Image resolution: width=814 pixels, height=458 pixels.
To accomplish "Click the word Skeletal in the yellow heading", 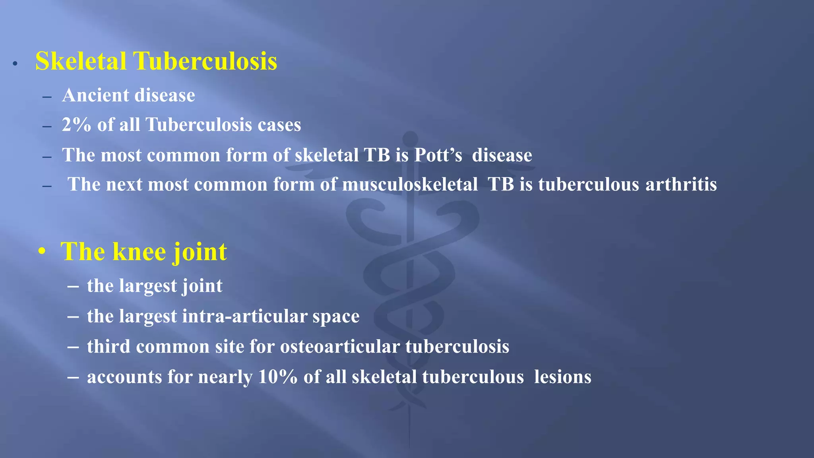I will click(x=81, y=62).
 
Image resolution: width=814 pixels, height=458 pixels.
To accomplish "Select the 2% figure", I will click(x=76, y=125).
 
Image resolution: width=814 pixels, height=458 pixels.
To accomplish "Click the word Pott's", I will click(x=438, y=155).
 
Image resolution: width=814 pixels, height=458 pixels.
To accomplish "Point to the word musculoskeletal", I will click(x=410, y=185).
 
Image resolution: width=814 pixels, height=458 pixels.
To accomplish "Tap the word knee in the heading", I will click(x=139, y=252).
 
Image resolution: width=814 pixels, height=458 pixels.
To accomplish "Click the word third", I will click(x=109, y=347).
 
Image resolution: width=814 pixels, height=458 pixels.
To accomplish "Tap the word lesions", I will click(x=562, y=377).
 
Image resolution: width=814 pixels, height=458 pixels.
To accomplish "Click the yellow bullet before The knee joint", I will click(x=42, y=252).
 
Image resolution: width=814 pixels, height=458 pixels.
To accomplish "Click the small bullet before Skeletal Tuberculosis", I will click(x=15, y=64).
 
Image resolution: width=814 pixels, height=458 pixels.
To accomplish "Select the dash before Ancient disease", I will click(x=47, y=97).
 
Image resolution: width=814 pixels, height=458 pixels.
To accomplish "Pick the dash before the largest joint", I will click(x=73, y=287).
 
